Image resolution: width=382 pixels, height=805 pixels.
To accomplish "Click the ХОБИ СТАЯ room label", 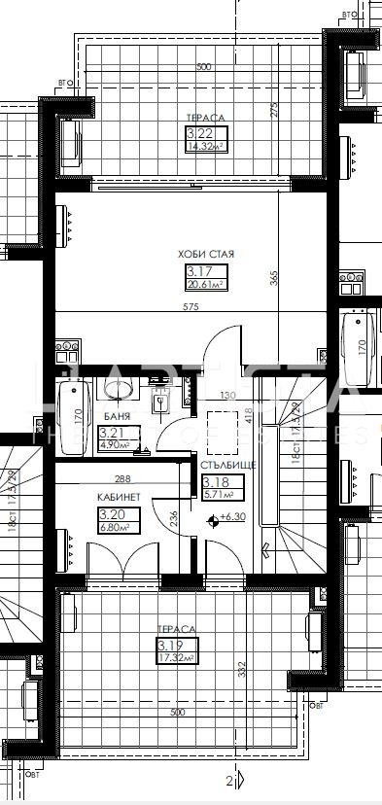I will (x=206, y=255).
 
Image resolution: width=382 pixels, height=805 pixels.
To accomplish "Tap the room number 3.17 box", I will (x=199, y=271).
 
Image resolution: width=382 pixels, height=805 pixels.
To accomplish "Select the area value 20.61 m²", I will (x=206, y=285).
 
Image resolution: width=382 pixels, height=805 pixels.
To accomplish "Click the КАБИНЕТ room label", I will (x=117, y=496).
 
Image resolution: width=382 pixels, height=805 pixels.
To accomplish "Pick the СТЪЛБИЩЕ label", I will (x=227, y=465).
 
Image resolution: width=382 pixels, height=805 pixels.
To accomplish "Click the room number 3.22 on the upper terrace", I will (x=199, y=133).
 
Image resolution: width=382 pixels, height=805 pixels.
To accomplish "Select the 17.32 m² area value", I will (x=177, y=658).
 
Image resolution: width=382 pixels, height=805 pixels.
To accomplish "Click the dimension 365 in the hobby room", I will (x=274, y=277).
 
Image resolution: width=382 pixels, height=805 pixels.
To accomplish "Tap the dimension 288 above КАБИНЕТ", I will (x=122, y=478).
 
